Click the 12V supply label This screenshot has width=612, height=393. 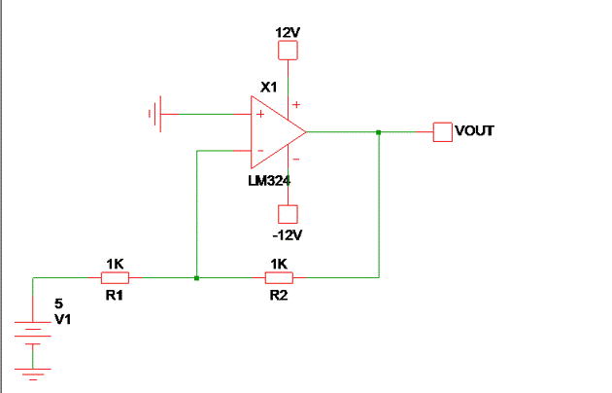(x=288, y=32)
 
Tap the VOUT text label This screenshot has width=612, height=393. (x=475, y=129)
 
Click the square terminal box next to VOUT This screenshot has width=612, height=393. (x=442, y=131)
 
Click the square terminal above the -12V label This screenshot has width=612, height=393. (x=288, y=214)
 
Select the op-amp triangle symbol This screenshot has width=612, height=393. (x=277, y=132)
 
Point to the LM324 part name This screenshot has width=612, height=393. (x=269, y=180)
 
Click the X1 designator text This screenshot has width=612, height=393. (x=268, y=88)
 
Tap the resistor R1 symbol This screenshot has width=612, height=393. (x=115, y=278)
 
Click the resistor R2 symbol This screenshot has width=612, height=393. (x=279, y=278)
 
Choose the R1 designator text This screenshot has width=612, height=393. (x=115, y=295)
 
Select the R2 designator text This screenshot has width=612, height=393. (x=279, y=295)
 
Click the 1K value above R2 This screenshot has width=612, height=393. (x=279, y=264)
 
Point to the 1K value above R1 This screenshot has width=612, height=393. (x=115, y=264)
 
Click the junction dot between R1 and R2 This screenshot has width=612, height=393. (x=197, y=278)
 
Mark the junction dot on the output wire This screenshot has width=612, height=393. (x=379, y=131)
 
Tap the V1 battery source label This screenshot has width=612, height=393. (x=61, y=319)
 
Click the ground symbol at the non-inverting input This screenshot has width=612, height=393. (x=153, y=114)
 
